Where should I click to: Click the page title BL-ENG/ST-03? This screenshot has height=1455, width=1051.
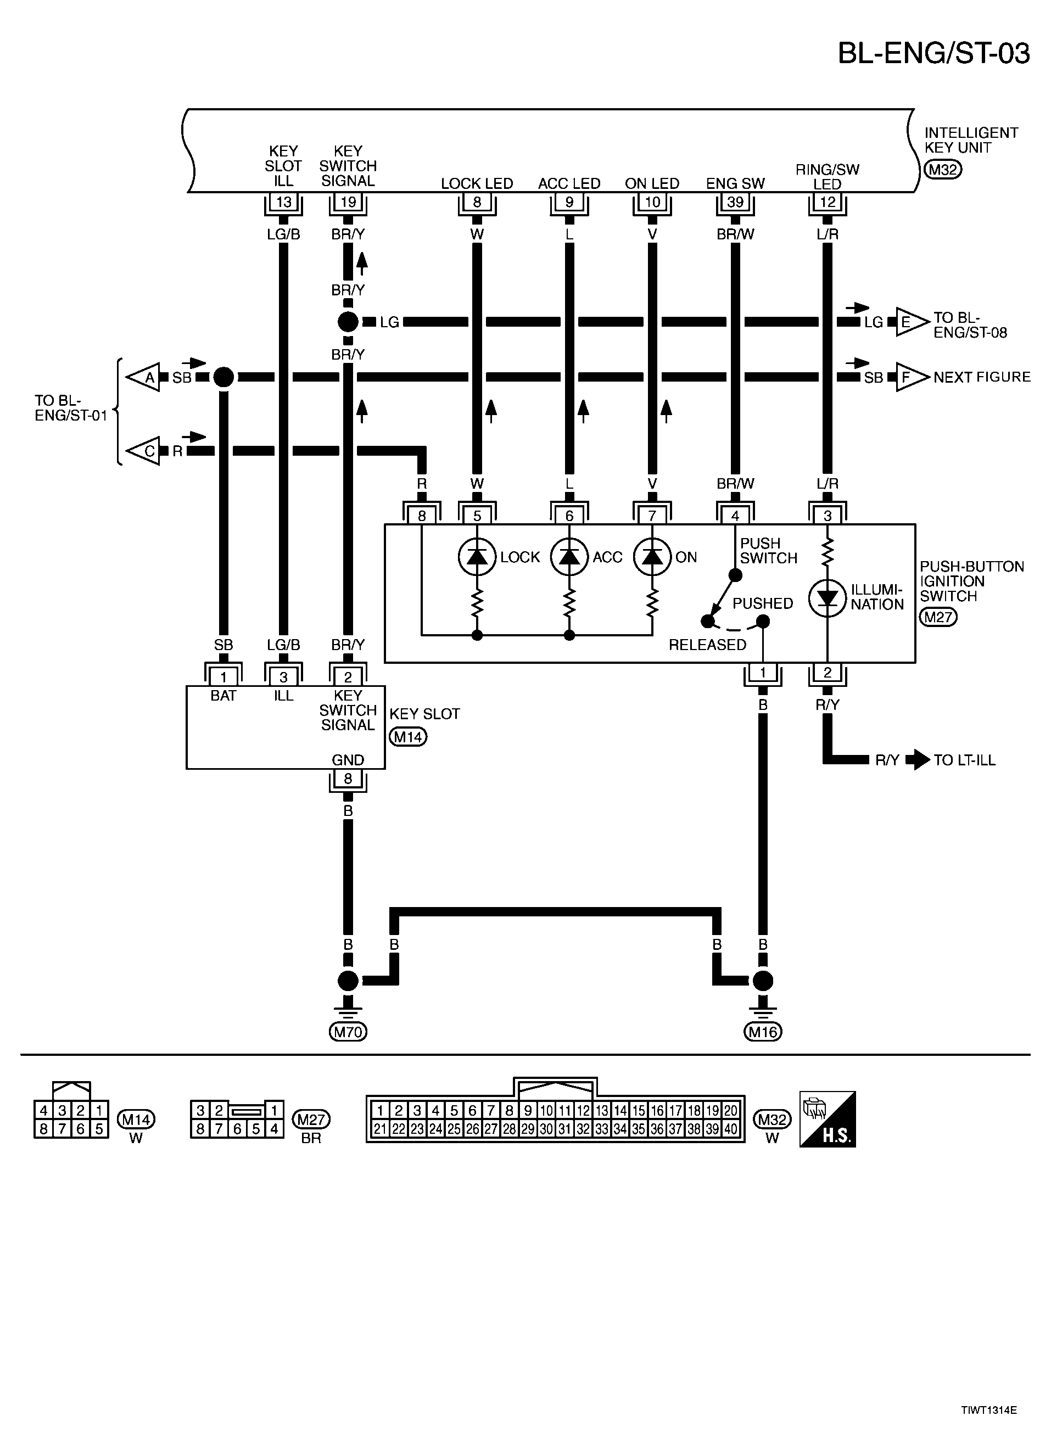[933, 53]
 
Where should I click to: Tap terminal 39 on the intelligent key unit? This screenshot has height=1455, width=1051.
[735, 202]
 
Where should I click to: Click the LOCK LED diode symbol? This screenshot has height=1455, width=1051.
[477, 556]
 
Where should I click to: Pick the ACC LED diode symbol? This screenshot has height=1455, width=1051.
[569, 556]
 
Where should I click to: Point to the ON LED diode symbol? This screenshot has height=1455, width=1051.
[652, 556]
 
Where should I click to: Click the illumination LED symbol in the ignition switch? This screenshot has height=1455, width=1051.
[827, 598]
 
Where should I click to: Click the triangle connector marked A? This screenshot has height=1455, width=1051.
[145, 377]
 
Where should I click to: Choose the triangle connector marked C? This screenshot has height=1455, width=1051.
[145, 451]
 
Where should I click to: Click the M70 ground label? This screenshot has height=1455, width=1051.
[348, 1032]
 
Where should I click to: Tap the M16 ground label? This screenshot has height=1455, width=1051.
[762, 1032]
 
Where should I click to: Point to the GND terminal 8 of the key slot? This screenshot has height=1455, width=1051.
[348, 779]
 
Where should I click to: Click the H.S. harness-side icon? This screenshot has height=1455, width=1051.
[827, 1120]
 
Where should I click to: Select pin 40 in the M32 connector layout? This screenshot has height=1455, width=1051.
[730, 1129]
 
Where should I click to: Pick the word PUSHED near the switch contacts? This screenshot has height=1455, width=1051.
[762, 603]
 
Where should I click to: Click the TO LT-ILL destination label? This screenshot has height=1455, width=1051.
[964, 760]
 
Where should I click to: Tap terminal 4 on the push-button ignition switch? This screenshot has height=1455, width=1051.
[735, 516]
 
